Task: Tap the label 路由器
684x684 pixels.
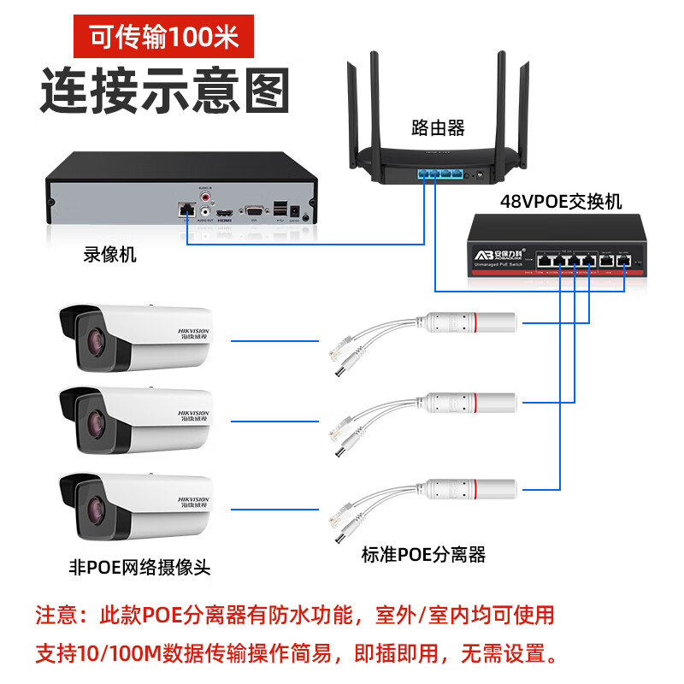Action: [x=437, y=128]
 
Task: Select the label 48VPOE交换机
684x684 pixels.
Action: [x=561, y=202]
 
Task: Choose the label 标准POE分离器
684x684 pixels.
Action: [x=423, y=554]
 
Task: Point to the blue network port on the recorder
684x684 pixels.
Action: [x=186, y=209]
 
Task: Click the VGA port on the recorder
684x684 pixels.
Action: [x=253, y=209]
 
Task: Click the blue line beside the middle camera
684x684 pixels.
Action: [x=274, y=422]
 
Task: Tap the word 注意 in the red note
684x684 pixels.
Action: [x=58, y=615]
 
